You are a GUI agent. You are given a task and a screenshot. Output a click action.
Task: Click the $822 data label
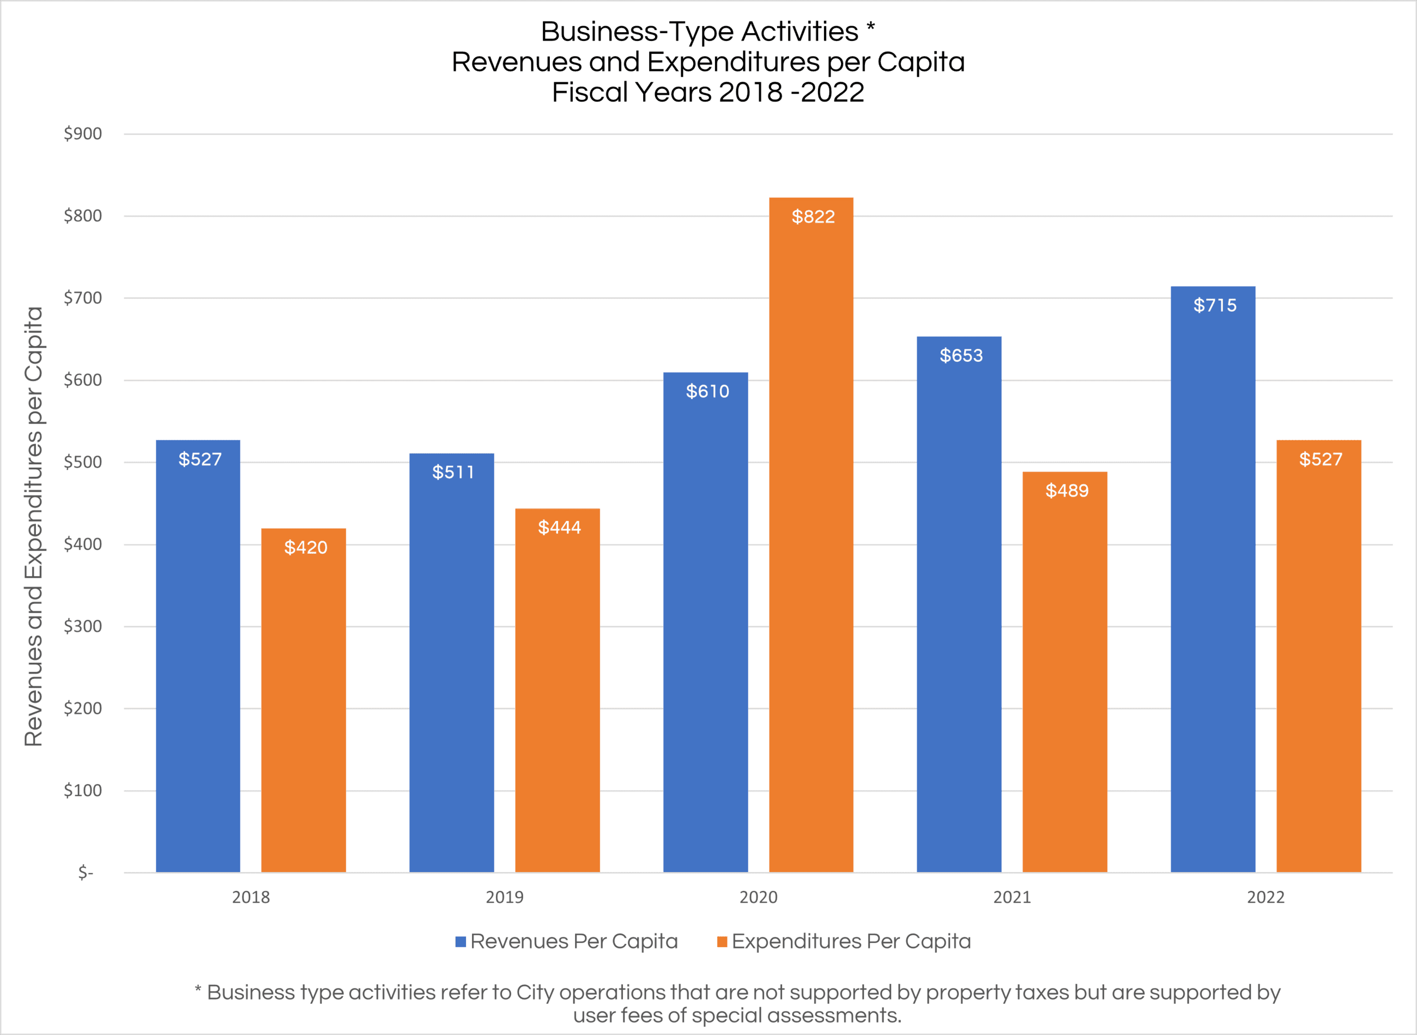(x=813, y=217)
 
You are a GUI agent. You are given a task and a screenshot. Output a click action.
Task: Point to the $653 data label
(x=961, y=356)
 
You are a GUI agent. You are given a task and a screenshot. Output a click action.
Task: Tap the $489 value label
(x=1067, y=491)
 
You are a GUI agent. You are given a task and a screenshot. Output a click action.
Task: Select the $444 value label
(x=559, y=528)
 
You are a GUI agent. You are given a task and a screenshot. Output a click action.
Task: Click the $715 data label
(x=1215, y=305)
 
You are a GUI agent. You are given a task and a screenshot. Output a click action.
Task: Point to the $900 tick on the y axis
(x=83, y=134)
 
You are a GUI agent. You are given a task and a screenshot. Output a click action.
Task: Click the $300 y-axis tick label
(x=83, y=626)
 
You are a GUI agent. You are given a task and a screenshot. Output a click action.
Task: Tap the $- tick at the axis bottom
(x=86, y=872)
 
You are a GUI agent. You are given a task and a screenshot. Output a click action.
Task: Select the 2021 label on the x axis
(x=1012, y=897)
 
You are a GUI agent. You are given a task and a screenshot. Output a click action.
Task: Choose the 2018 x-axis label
(x=251, y=897)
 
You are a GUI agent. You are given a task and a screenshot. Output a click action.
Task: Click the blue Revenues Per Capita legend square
(x=461, y=942)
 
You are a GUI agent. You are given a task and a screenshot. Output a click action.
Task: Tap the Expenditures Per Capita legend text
(x=851, y=941)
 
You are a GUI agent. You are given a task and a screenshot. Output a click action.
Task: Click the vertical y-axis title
(x=33, y=526)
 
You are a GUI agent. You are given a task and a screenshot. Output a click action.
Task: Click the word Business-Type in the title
(x=636, y=31)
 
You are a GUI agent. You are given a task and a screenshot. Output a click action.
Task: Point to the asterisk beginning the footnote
(x=198, y=990)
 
